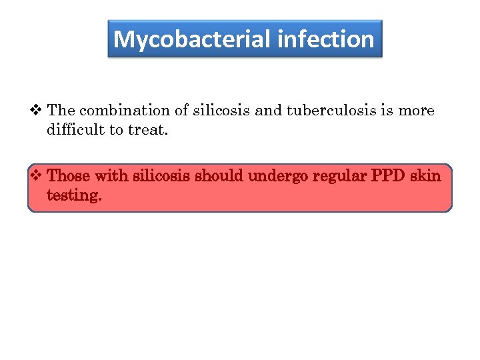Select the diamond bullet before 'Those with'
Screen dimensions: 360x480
[37, 176]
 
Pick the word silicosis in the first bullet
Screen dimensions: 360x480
[219, 110]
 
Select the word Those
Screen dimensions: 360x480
[69, 176]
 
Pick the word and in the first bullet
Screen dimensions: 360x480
[269, 110]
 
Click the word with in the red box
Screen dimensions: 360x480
[111, 176]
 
